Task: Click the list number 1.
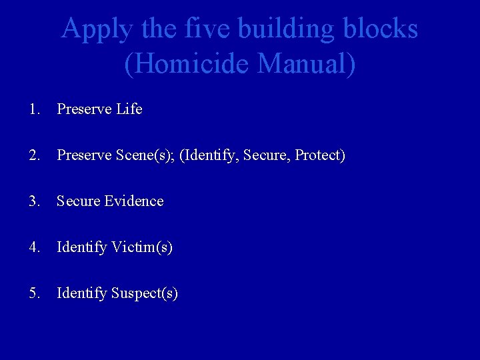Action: click(x=34, y=109)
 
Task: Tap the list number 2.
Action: click(x=34, y=155)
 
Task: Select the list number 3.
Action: click(x=34, y=201)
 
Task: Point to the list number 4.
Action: click(x=34, y=247)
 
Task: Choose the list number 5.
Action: click(x=34, y=293)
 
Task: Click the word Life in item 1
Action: click(x=129, y=109)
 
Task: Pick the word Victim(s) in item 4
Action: click(x=141, y=247)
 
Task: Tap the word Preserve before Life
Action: click(x=84, y=109)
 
